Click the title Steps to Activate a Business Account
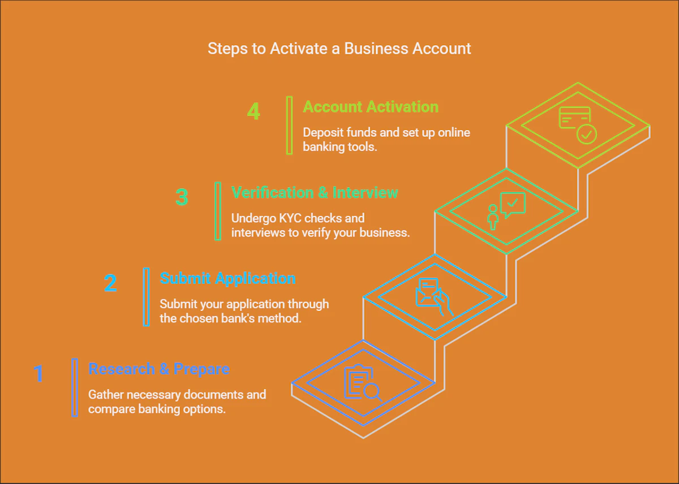pyautogui.click(x=339, y=49)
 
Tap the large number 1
pyautogui.click(x=38, y=374)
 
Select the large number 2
pyautogui.click(x=110, y=283)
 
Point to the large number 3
pyautogui.click(x=182, y=197)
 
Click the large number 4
pyautogui.click(x=253, y=111)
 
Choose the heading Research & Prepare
pyautogui.click(x=159, y=369)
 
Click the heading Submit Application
pyautogui.click(x=227, y=279)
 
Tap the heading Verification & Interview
pyautogui.click(x=315, y=193)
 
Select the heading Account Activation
pyautogui.click(x=371, y=107)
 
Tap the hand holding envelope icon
pyautogui.click(x=434, y=296)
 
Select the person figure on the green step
pyautogui.click(x=493, y=217)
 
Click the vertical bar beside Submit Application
pyautogui.click(x=147, y=297)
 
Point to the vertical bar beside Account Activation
pyautogui.click(x=290, y=125)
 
